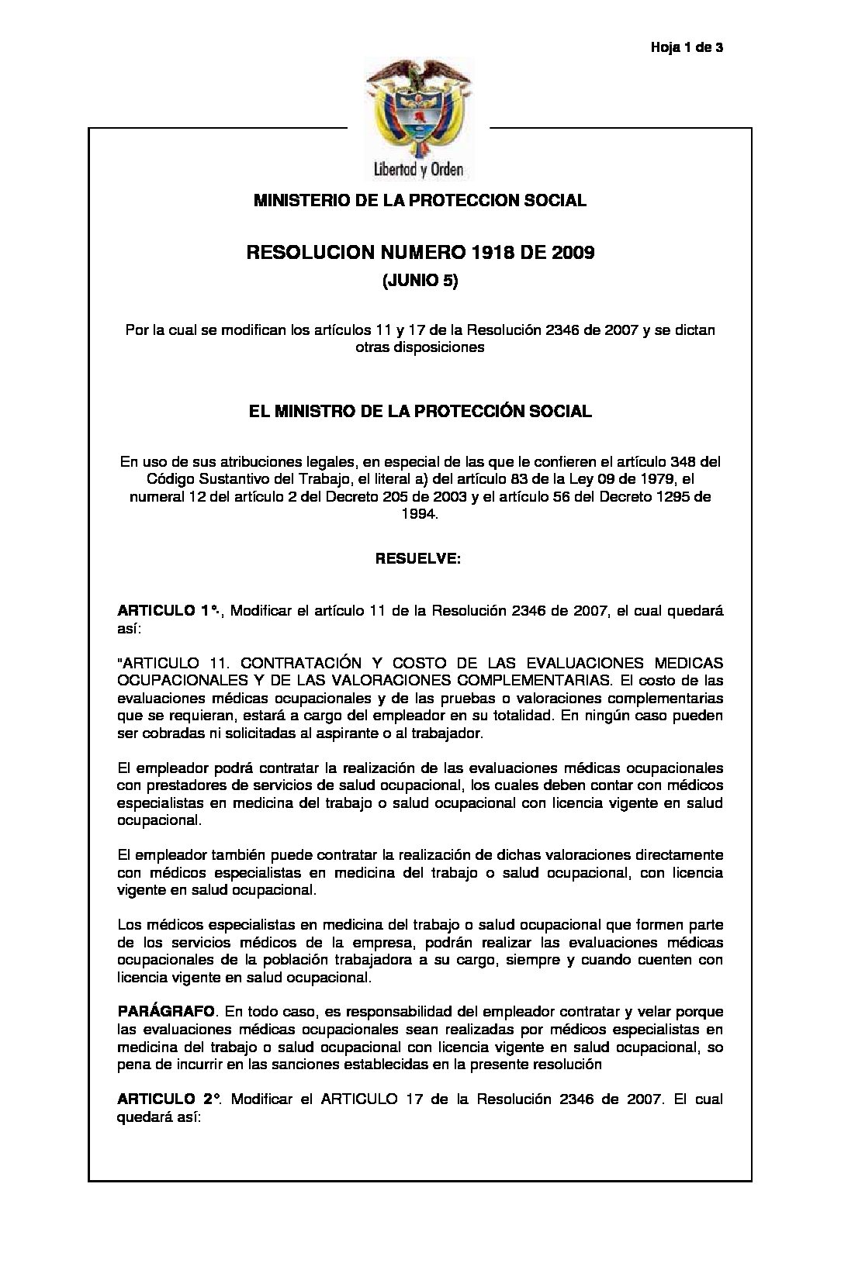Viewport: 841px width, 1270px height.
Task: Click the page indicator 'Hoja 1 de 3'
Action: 687,48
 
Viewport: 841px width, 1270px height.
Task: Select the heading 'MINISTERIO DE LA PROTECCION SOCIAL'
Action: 420,201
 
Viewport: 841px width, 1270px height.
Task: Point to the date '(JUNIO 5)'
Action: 420,282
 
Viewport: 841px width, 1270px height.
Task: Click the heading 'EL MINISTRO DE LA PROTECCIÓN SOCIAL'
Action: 420,411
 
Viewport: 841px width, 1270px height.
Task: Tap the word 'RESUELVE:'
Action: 419,557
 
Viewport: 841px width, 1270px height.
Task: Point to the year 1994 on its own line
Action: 420,514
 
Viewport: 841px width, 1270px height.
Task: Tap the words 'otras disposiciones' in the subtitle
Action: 420,347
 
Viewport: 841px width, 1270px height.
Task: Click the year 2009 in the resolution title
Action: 573,253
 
